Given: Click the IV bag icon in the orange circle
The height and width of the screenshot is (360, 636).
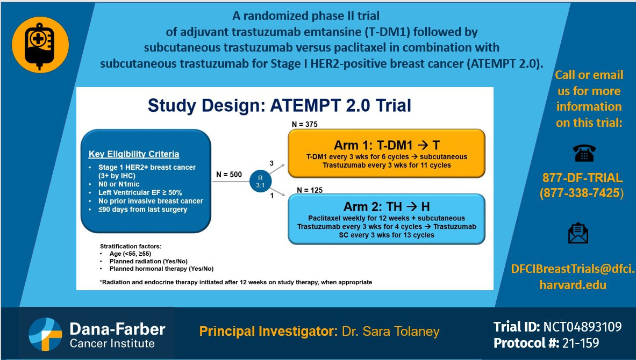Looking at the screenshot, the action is [x=40, y=46].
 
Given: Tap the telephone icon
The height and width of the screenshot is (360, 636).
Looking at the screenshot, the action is [x=584, y=153].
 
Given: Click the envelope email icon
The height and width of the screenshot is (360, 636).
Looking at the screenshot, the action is [x=578, y=233].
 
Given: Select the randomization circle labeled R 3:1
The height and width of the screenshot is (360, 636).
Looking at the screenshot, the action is [x=260, y=182].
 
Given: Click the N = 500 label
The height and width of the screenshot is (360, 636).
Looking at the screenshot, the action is [x=229, y=174].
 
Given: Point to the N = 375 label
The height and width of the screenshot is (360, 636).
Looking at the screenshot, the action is [x=305, y=124].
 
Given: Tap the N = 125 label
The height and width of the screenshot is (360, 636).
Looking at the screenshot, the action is [x=310, y=190].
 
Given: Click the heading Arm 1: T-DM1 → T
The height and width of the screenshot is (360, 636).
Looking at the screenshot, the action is [x=387, y=145].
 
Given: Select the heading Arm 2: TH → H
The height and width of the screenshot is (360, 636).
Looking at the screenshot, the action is [x=387, y=207].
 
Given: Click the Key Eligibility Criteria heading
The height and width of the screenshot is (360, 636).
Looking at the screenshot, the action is [x=134, y=154].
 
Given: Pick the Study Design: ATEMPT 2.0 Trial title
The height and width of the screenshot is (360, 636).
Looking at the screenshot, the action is [x=280, y=105].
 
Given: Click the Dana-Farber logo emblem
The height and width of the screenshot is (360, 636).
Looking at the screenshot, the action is [x=45, y=334].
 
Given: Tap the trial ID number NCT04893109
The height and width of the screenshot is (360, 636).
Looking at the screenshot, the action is [x=582, y=327].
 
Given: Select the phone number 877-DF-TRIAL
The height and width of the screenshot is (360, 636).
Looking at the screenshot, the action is [x=582, y=177].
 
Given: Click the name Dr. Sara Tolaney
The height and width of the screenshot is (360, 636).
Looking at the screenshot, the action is [x=391, y=331].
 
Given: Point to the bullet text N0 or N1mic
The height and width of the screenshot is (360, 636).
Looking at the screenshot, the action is [x=119, y=184].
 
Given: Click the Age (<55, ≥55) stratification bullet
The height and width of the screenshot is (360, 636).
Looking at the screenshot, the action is [x=130, y=254].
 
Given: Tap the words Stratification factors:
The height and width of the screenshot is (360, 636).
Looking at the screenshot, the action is [x=131, y=246].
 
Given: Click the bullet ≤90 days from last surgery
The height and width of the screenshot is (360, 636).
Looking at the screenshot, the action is [x=143, y=210].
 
